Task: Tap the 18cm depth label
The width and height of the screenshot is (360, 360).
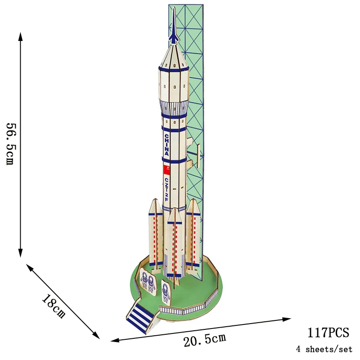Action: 54,306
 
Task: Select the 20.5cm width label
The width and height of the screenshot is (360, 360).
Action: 205,339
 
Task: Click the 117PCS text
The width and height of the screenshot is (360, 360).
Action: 328,333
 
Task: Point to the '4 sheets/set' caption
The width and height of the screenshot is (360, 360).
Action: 324,349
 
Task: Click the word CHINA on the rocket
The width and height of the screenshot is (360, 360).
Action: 167,145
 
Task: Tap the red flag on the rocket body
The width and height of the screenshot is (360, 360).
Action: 166,170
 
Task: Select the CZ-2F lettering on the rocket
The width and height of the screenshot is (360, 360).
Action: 166,189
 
